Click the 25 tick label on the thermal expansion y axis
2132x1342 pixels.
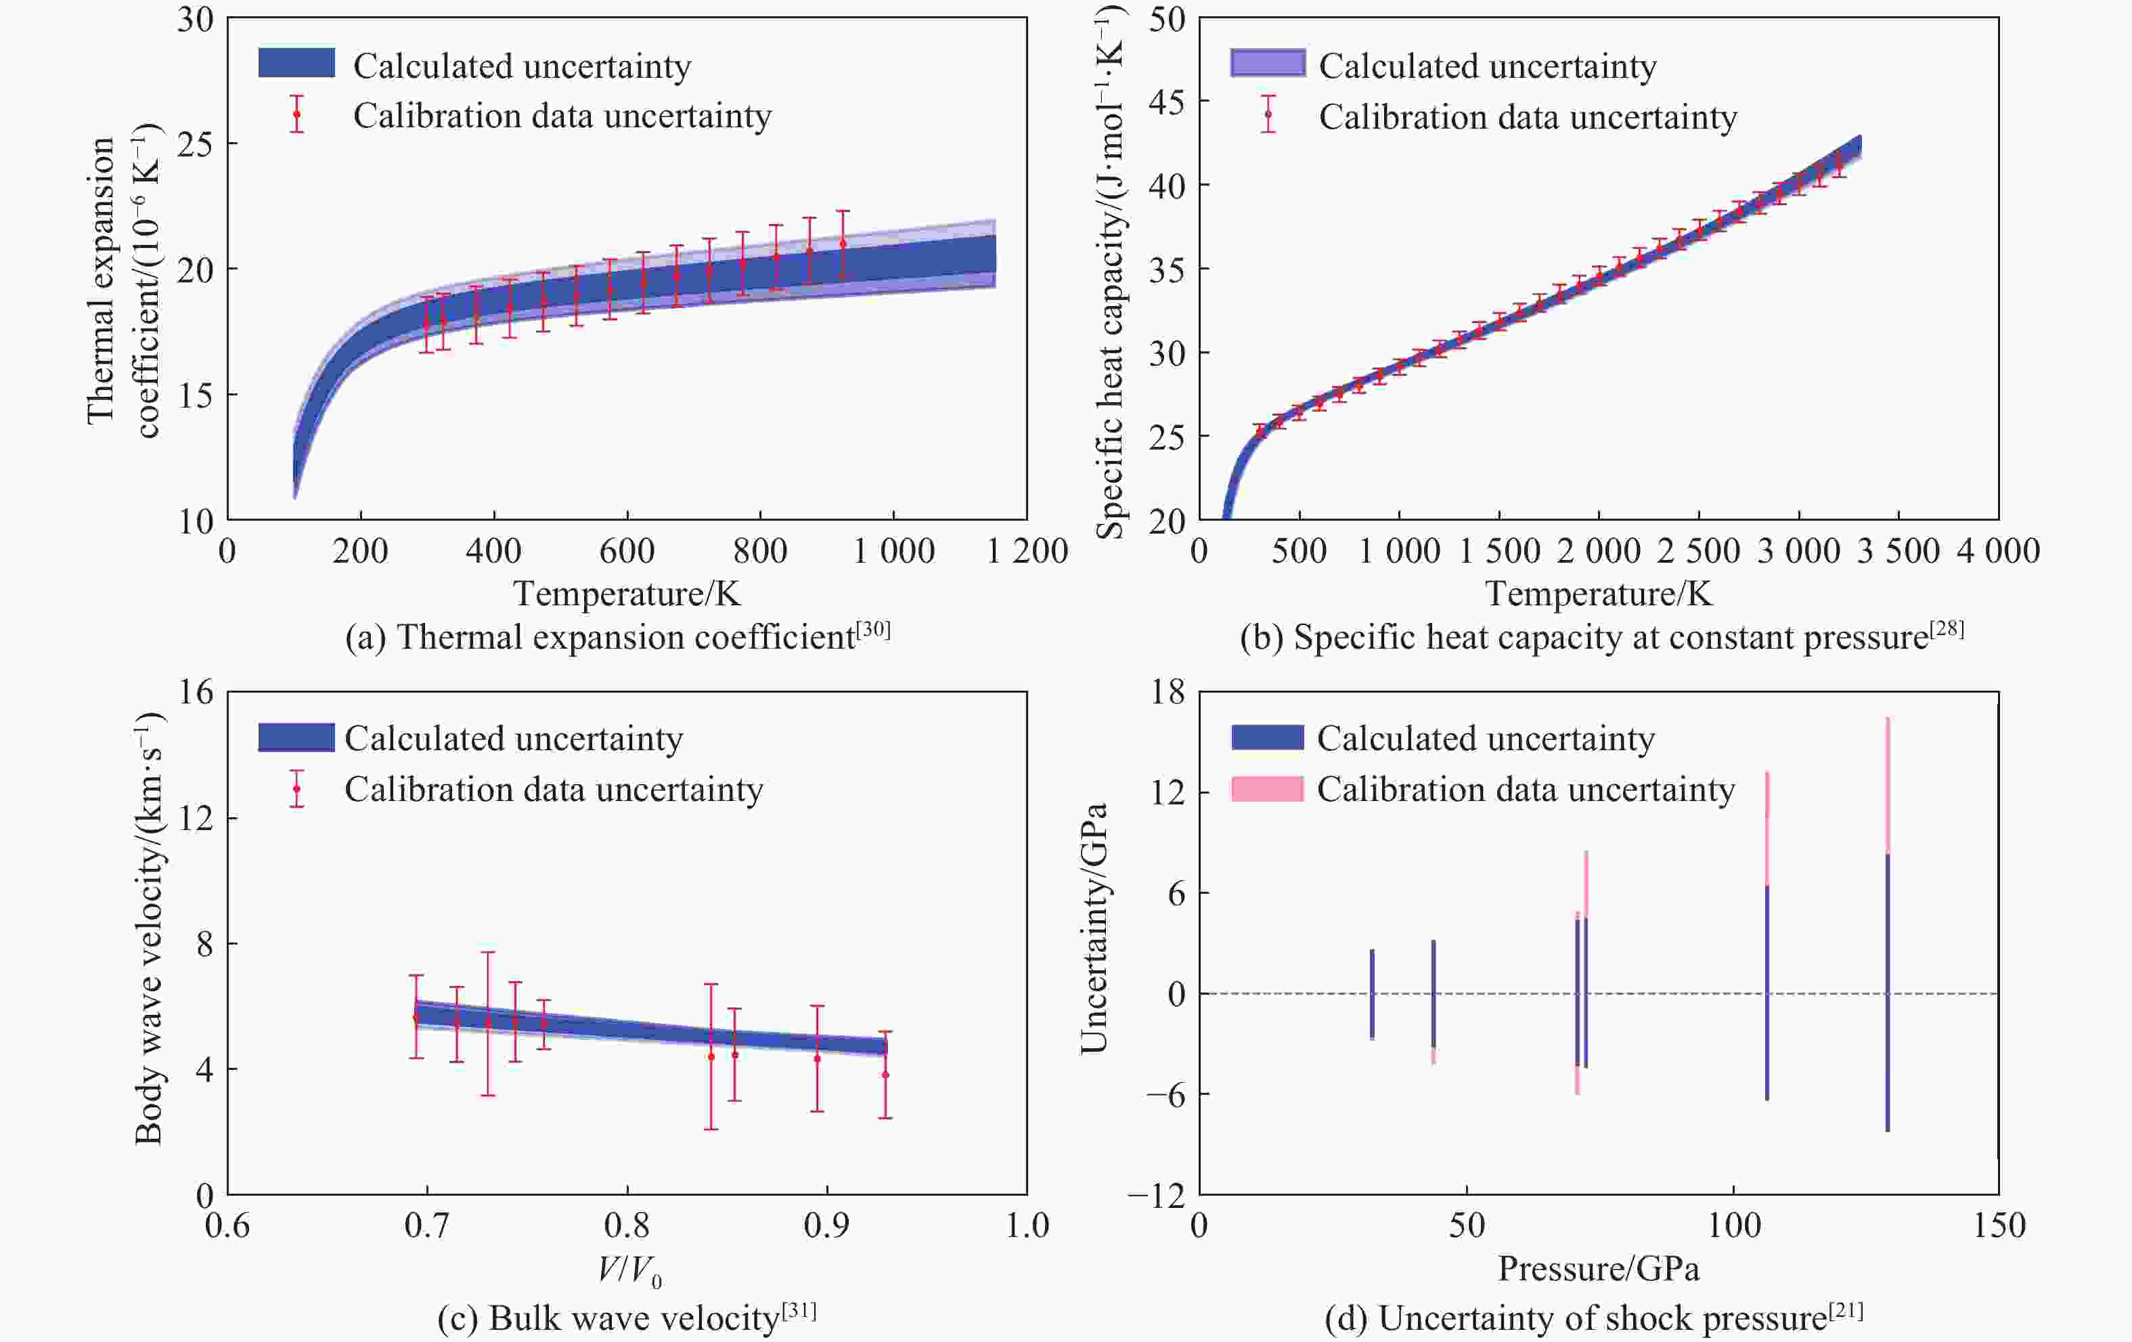point(195,144)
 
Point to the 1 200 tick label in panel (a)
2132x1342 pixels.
point(1027,551)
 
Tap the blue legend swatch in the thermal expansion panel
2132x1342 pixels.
point(296,63)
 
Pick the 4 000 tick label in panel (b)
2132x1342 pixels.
point(1998,551)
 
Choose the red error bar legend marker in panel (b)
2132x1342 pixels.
point(1268,114)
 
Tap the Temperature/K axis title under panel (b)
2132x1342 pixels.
point(1598,594)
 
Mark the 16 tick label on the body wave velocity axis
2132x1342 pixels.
point(196,692)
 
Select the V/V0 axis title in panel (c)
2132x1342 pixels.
point(629,1270)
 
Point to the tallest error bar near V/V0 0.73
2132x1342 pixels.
point(488,1023)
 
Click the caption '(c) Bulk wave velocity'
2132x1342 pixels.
point(626,1318)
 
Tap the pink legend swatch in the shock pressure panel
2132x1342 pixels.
point(1267,788)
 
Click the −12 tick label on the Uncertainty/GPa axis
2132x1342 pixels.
point(1155,1196)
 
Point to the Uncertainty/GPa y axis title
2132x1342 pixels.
point(1094,928)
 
